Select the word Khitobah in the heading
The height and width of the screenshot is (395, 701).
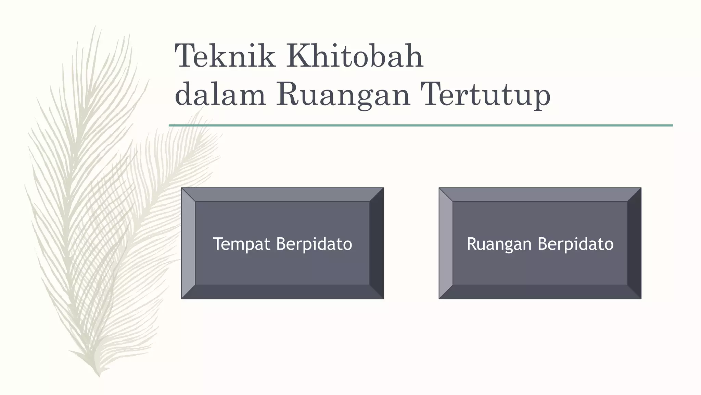(x=355, y=56)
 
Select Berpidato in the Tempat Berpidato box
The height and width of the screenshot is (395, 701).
(x=314, y=244)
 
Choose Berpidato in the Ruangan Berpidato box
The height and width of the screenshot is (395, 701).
(x=576, y=244)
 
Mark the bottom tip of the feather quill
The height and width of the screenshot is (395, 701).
(x=99, y=376)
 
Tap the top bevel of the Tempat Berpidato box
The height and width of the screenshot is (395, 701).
(x=282, y=194)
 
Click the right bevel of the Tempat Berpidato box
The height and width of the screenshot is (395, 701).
(x=377, y=243)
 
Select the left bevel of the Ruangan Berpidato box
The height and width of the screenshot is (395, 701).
(x=446, y=243)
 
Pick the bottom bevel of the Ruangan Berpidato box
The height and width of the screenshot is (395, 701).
(x=540, y=292)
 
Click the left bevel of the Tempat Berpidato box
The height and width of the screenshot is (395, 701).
(x=188, y=243)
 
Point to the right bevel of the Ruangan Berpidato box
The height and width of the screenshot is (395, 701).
(x=634, y=243)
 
